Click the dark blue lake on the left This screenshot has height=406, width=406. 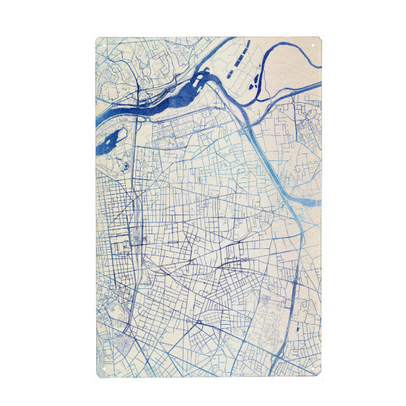pos(108,141)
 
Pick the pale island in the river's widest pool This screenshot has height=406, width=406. pos(197,83)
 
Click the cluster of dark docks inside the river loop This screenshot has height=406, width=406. pos(256,83)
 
